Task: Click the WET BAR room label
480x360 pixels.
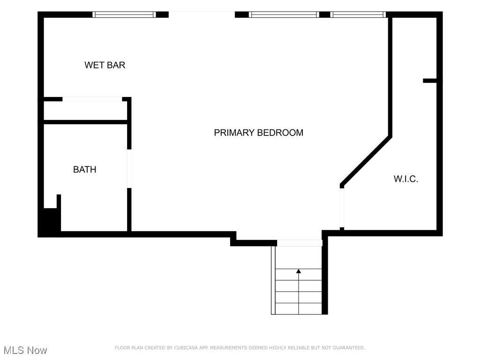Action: coord(105,65)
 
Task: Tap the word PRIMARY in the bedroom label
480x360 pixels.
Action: coord(233,133)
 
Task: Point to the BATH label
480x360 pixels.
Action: coord(84,170)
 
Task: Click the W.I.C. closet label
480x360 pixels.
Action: coord(405,179)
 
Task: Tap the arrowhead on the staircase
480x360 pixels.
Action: coord(299,271)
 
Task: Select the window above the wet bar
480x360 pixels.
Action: coord(124,15)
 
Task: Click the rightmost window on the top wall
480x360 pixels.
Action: coord(358,15)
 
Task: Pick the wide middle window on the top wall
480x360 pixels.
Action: coord(284,15)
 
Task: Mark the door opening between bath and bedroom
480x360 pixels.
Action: coord(129,169)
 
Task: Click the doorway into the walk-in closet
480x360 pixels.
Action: coord(342,207)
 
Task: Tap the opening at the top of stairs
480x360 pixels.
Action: coord(299,243)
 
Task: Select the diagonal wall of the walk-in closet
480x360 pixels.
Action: coord(366,160)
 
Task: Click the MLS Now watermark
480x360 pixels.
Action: coord(25,350)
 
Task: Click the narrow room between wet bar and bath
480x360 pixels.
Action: coord(86,111)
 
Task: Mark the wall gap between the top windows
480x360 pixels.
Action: coord(202,15)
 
